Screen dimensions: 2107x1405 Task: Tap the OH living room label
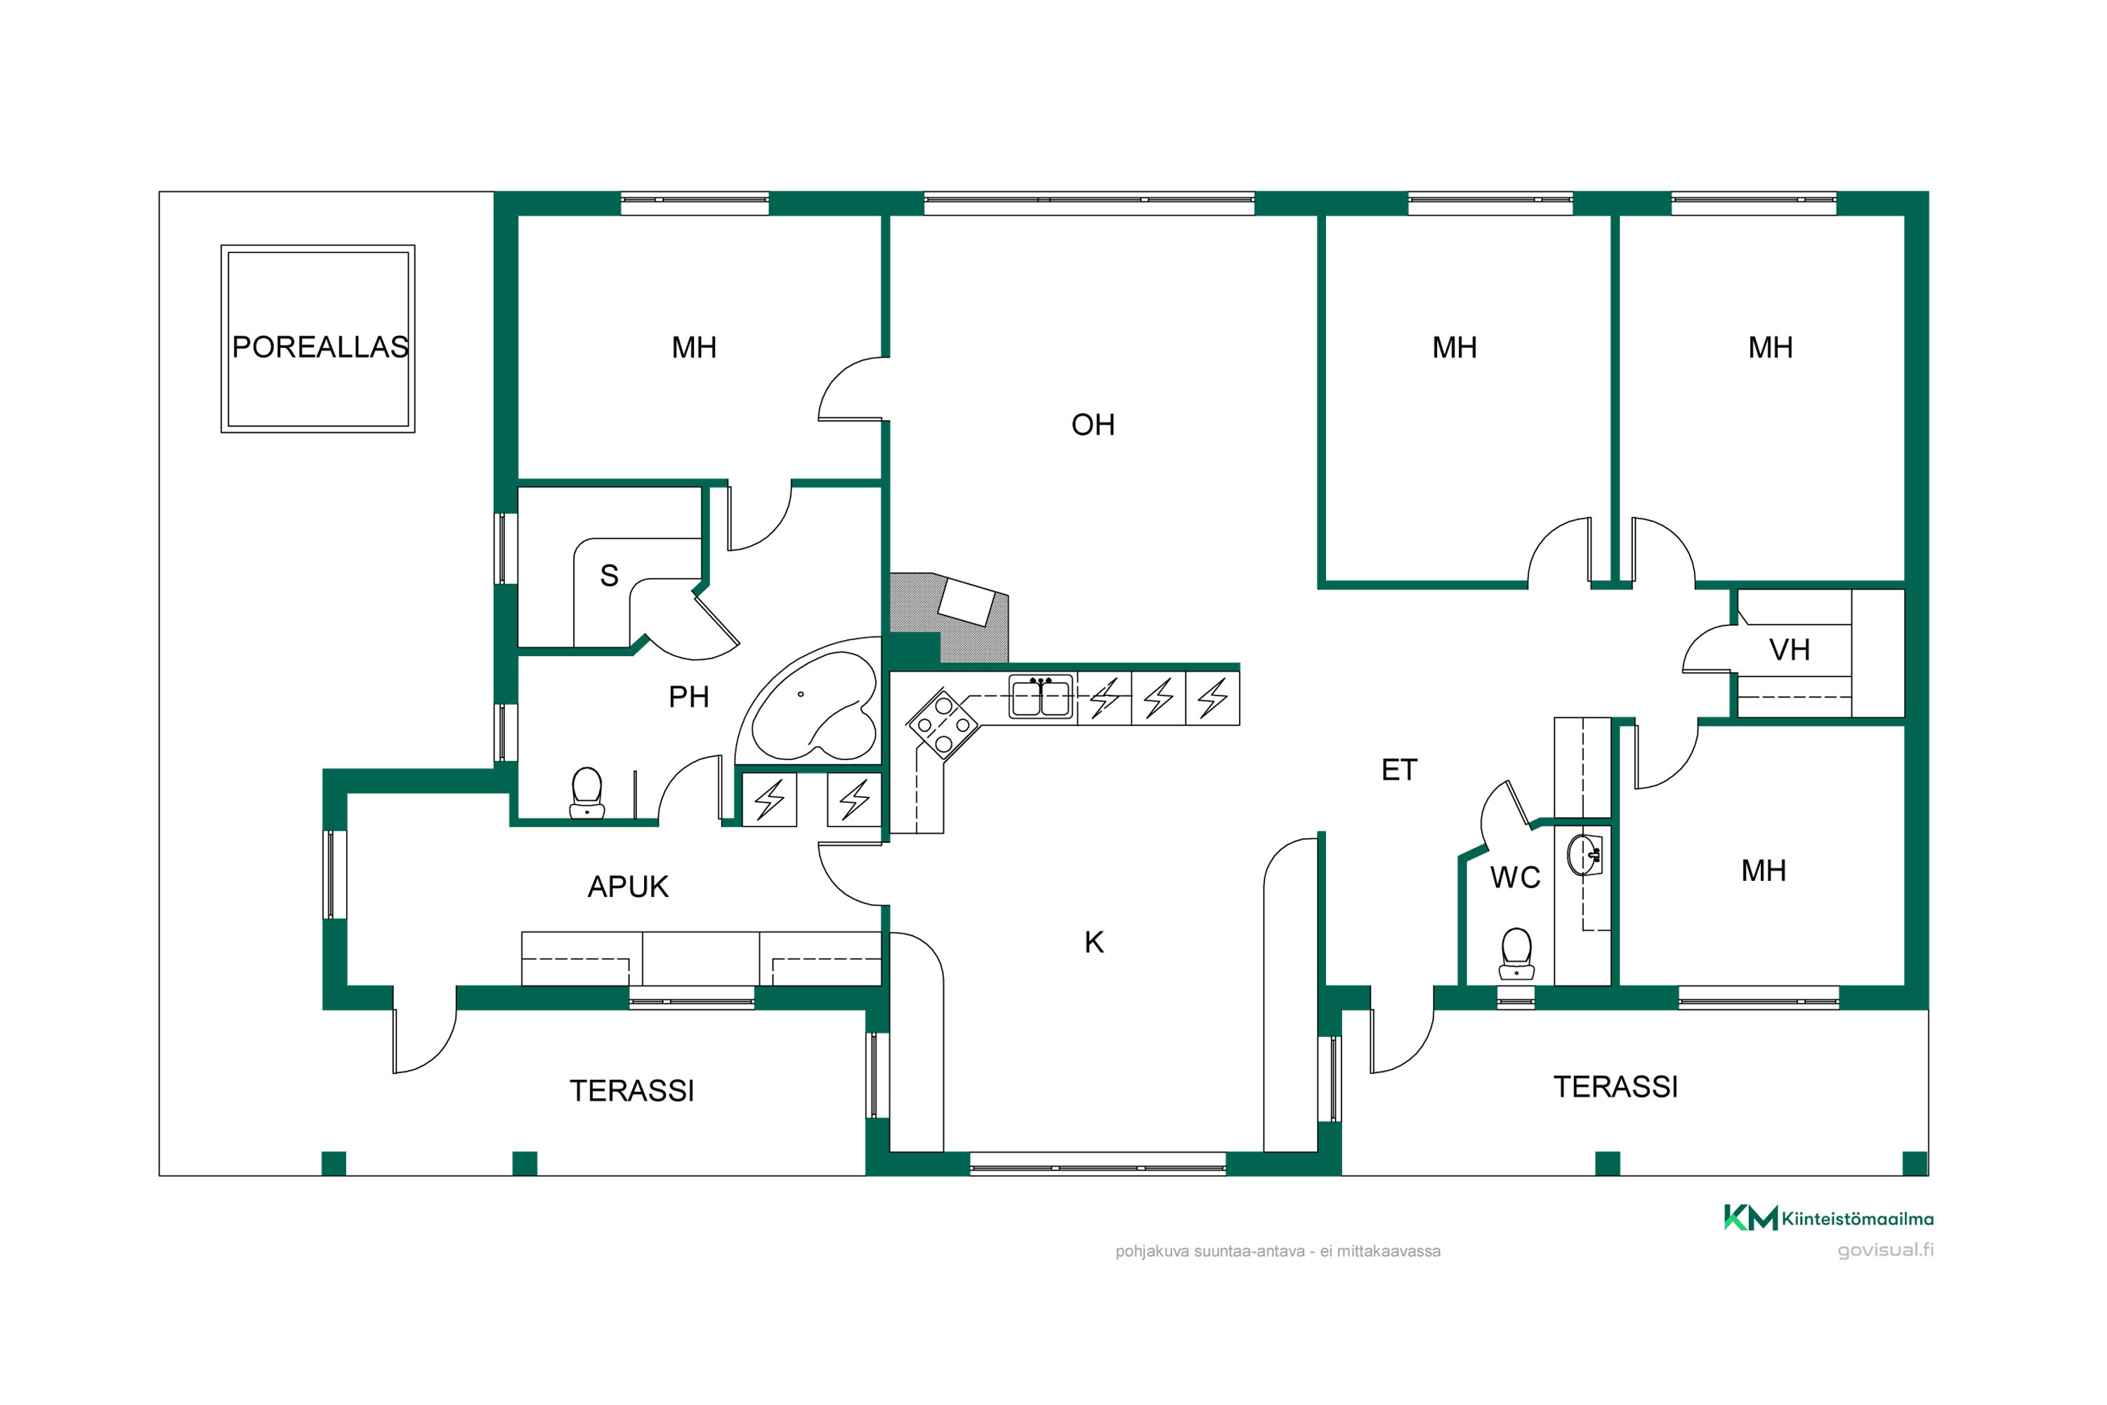point(1093,425)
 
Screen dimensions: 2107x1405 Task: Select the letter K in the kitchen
point(1094,943)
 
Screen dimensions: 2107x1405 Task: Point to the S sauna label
point(609,575)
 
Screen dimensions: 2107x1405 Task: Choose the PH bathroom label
point(689,697)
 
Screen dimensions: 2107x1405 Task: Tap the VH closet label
point(1790,650)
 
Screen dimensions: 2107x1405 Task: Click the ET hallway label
point(1399,770)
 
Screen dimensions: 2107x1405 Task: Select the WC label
point(1516,878)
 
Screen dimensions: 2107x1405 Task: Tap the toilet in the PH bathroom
point(586,793)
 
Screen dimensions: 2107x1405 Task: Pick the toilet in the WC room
point(1516,953)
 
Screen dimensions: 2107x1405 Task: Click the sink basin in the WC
point(1584,854)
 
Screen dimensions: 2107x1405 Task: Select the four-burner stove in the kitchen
point(942,724)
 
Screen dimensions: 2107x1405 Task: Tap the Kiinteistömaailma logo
point(1828,1219)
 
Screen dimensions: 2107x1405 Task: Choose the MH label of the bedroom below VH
point(1764,871)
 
